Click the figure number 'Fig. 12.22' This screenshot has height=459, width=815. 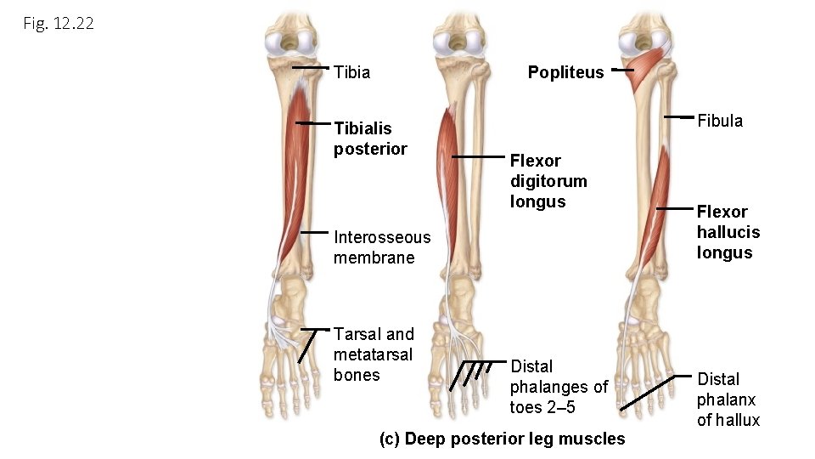pos(59,24)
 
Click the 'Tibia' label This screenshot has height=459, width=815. pos(352,72)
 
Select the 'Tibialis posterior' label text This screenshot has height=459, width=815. pos(370,139)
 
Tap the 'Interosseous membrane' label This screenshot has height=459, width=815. pos(382,247)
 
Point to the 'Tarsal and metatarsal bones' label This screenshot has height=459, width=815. pos(374,354)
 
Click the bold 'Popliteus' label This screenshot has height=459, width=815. pos(565,72)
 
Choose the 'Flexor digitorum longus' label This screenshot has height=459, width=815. pos(548,181)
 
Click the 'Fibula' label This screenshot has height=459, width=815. pos(720,121)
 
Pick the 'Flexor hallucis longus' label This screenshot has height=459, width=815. pos(728,232)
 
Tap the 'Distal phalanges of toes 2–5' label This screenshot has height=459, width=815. pos(559,387)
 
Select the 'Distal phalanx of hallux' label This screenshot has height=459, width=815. pos(728,399)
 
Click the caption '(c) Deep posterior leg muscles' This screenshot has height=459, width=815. pos(503,439)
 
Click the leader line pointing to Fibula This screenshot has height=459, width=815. pos(678,116)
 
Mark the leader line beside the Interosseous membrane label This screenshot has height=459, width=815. pos(313,232)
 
